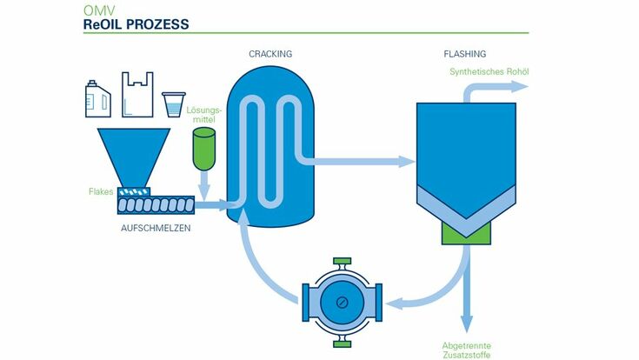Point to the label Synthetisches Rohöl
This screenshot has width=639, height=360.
489,71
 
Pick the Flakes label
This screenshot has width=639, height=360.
101,191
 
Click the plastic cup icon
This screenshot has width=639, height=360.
175,103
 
